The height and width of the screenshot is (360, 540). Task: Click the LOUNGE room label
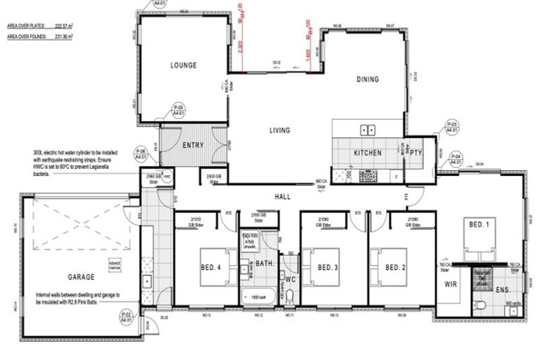pos(183,65)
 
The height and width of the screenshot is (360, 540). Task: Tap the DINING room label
pos(367,79)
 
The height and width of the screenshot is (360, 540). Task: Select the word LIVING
pos(280,130)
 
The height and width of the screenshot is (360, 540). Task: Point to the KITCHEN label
pos(367,153)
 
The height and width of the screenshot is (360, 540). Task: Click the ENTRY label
pos(193,146)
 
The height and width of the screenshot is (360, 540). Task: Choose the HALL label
pos(283,197)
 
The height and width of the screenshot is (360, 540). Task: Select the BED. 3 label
pos(328,266)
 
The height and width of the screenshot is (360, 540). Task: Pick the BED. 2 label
pos(396,266)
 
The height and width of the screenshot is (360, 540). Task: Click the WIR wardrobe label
pos(451,285)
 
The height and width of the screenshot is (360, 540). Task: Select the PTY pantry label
pos(416,152)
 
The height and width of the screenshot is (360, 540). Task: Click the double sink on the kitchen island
pos(366,129)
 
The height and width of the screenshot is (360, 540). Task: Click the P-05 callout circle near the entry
pos(179,110)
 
